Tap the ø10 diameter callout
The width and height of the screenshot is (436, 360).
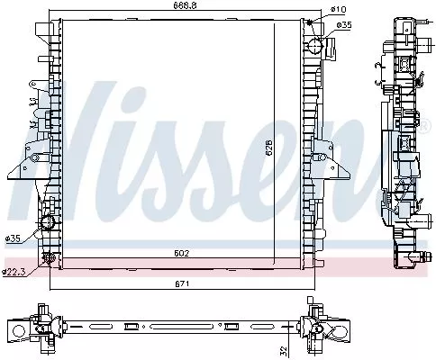click(338, 10)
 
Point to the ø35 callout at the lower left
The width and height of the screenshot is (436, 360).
click(13, 238)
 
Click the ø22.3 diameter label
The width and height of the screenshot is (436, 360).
click(13, 271)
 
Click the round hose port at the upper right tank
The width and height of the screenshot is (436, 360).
click(313, 46)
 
